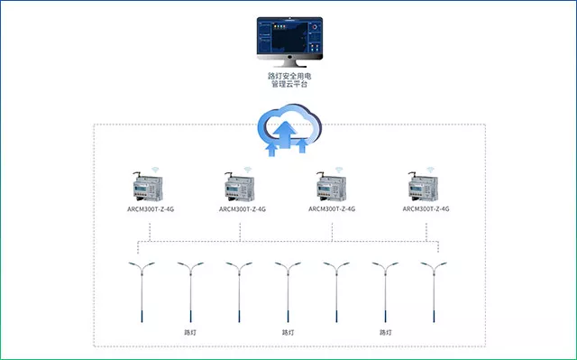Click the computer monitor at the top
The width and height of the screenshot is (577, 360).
click(289, 42)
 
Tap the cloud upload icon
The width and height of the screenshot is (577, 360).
click(289, 130)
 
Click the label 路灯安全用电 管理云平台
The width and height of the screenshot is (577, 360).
click(289, 80)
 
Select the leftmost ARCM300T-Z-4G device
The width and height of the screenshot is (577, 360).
click(148, 187)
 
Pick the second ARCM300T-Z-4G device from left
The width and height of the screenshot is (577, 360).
click(239, 187)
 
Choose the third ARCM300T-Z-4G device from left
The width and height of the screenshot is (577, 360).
click(331, 187)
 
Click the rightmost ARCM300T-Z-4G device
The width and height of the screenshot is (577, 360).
click(423, 187)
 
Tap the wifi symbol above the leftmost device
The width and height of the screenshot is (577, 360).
click(156, 170)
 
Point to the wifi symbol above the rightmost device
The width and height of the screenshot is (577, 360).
click(431, 170)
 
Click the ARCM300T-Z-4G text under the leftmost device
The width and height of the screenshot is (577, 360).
click(151, 209)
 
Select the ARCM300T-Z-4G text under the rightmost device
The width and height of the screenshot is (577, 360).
click(426, 208)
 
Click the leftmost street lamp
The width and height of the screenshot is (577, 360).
click(142, 292)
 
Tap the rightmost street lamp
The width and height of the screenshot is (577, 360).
click(434, 292)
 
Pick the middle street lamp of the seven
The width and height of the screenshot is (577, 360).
click(288, 292)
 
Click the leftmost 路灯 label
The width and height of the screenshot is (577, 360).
click(190, 332)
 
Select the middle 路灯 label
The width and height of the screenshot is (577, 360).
click(288, 332)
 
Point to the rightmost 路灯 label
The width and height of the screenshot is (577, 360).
click(385, 332)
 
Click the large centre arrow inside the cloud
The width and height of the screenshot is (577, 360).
click(285, 134)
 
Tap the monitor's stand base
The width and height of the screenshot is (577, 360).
click(289, 65)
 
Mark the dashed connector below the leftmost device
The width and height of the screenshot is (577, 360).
click(150, 232)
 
